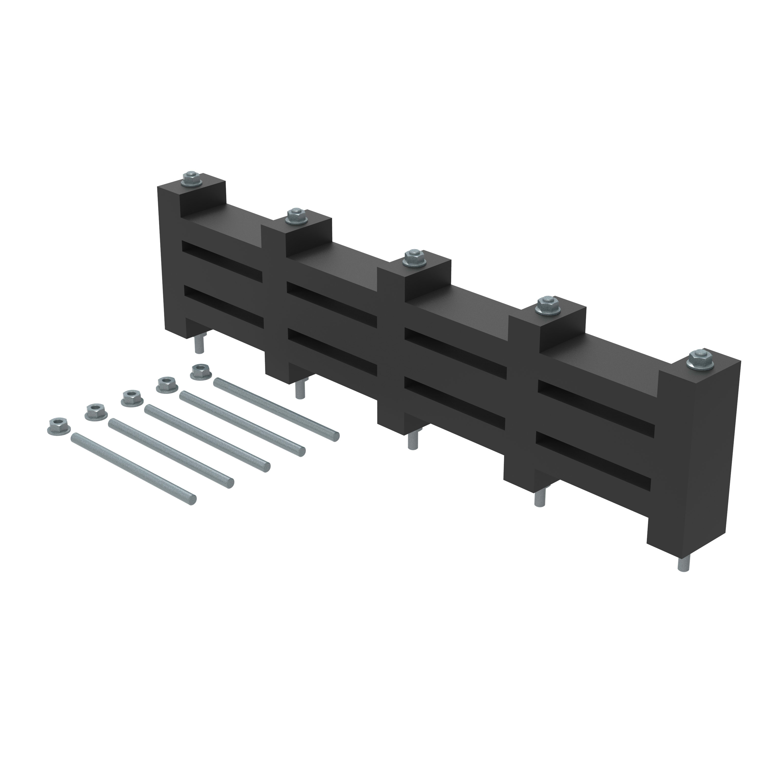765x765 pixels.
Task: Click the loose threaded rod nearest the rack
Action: click(276, 410)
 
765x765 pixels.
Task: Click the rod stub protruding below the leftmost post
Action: click(199, 344)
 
